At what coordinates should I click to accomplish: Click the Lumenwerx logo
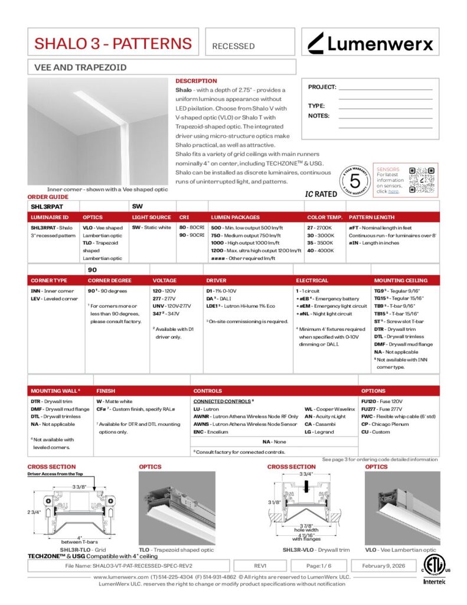(x=370, y=43)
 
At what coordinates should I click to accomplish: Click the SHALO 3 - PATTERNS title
(x=113, y=43)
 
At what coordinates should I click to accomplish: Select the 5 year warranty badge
(x=355, y=180)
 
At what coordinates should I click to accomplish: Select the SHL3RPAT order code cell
(x=47, y=207)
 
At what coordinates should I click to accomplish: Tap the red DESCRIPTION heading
(x=196, y=81)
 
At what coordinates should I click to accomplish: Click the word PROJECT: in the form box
(x=322, y=87)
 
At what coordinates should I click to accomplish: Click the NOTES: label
(x=319, y=116)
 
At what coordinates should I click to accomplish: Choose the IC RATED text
(x=321, y=194)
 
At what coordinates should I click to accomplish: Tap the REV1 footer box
(x=260, y=565)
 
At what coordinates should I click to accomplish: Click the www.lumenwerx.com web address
(x=120, y=577)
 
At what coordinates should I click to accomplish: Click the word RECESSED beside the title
(x=233, y=46)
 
